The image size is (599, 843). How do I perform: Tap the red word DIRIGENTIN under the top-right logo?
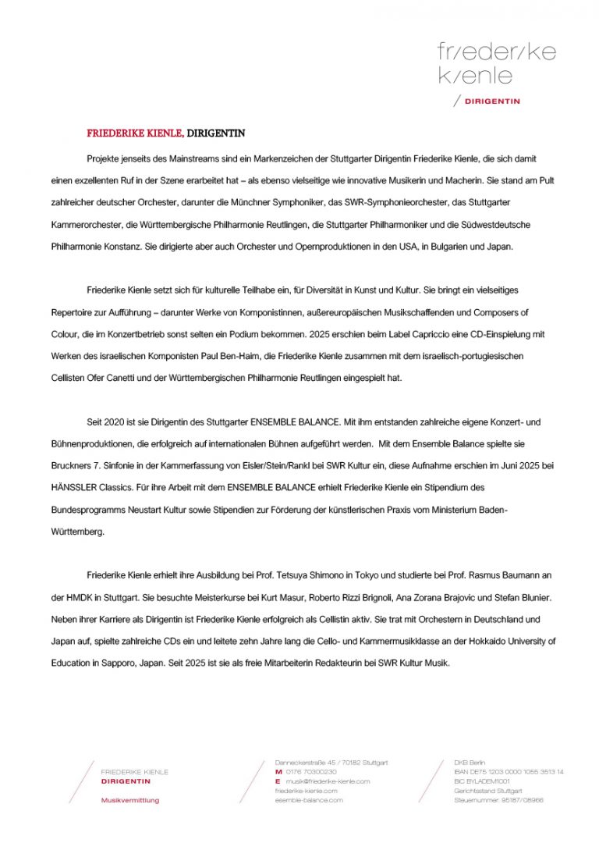[x=492, y=101]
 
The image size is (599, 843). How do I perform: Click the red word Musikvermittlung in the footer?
[x=130, y=800]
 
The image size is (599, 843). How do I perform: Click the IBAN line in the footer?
[x=509, y=772]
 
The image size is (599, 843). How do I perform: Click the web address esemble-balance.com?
[x=309, y=800]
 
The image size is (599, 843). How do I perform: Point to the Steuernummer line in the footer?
[x=498, y=800]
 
